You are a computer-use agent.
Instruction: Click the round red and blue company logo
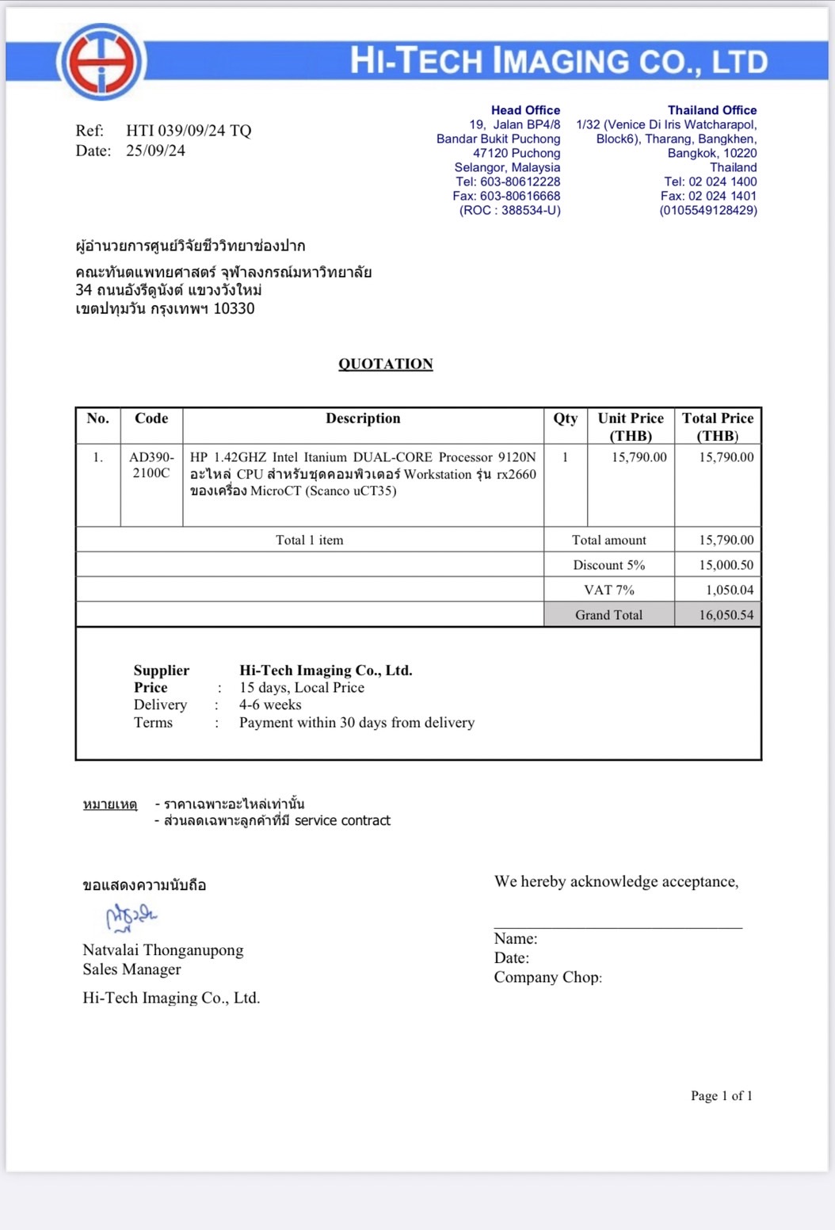pyautogui.click(x=101, y=61)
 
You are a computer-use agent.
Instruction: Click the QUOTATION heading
pyautogui.click(x=386, y=364)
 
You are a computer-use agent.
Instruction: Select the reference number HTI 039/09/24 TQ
pyautogui.click(x=189, y=131)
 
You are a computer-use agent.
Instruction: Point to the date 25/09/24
pyautogui.click(x=155, y=151)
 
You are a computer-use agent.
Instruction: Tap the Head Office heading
pyautogui.click(x=525, y=110)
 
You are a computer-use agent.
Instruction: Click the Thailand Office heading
pyautogui.click(x=711, y=110)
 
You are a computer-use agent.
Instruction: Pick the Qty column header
pyautogui.click(x=565, y=418)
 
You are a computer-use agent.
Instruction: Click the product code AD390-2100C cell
pyautogui.click(x=151, y=465)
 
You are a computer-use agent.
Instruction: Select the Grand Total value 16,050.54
pyautogui.click(x=726, y=615)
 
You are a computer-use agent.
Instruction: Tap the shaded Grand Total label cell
pyautogui.click(x=608, y=615)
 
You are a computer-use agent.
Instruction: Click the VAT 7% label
pyautogui.click(x=608, y=590)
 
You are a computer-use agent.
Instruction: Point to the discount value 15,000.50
pyautogui.click(x=726, y=565)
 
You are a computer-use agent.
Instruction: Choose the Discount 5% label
pyautogui.click(x=608, y=565)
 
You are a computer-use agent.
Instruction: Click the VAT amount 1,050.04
pyautogui.click(x=729, y=590)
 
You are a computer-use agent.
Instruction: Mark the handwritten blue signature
pyautogui.click(x=131, y=917)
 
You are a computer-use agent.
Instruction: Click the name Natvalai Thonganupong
pyautogui.click(x=163, y=950)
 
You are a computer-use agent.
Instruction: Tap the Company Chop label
pyautogui.click(x=547, y=977)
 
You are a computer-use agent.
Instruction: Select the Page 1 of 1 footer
pyautogui.click(x=721, y=1096)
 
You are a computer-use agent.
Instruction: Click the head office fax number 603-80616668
pyautogui.click(x=520, y=196)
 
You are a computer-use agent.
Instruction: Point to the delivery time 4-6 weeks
pyautogui.click(x=270, y=705)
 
